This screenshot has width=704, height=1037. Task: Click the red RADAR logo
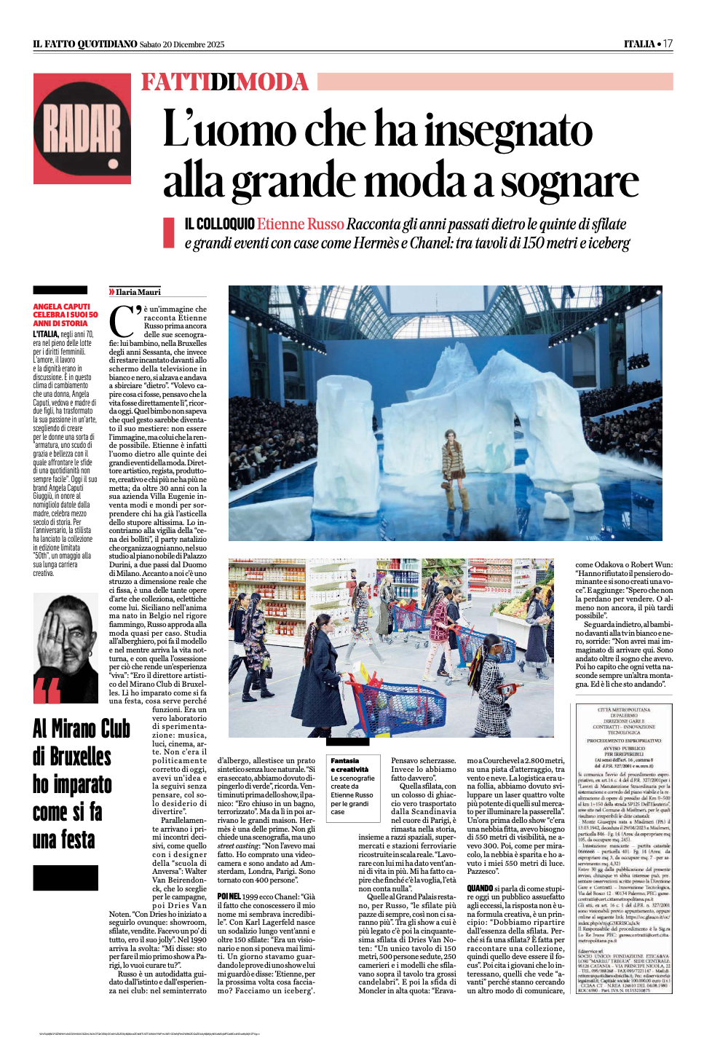[82, 128]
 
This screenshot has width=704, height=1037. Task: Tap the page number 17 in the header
[668, 44]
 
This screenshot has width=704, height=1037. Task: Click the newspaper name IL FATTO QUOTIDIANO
[84, 44]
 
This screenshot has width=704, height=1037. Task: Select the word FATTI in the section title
[175, 82]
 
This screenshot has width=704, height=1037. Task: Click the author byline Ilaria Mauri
[138, 292]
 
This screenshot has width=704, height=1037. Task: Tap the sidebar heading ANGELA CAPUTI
[62, 307]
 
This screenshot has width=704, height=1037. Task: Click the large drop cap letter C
[122, 320]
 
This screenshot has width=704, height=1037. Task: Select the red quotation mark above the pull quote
[47, 691]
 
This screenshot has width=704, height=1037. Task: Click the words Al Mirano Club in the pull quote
[81, 728]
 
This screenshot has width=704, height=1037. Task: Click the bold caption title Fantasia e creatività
[349, 765]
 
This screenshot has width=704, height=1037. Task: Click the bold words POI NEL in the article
[229, 896]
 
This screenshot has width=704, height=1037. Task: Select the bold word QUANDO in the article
[480, 888]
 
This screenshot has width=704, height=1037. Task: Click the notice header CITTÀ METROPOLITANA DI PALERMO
[624, 712]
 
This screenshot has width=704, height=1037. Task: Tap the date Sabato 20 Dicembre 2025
[182, 44]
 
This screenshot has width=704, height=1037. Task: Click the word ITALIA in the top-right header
[638, 44]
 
